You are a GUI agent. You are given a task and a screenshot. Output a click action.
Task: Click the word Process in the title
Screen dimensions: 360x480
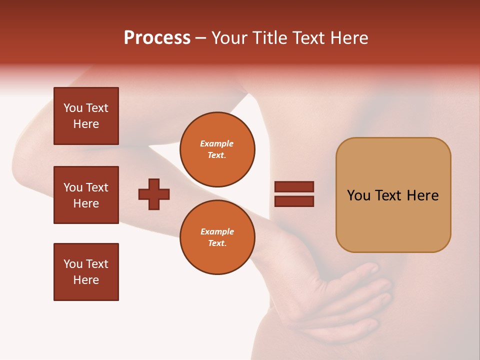[x=157, y=38]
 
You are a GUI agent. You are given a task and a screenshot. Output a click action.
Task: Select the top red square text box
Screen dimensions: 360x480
[x=86, y=116]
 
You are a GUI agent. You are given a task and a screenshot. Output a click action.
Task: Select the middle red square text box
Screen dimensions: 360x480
[x=86, y=195]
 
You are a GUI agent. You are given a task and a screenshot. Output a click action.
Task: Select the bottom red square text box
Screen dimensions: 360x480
[x=86, y=272]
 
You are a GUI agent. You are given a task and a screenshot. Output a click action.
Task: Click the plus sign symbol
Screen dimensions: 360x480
[x=154, y=194]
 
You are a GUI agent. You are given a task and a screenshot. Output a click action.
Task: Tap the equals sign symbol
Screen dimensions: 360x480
[x=294, y=194]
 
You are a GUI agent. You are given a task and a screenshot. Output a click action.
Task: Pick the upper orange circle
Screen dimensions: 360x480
[x=217, y=149]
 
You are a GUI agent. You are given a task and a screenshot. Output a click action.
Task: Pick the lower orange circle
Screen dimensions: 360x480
[x=217, y=237]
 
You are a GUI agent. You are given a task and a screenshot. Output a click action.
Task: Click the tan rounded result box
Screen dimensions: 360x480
[x=393, y=195]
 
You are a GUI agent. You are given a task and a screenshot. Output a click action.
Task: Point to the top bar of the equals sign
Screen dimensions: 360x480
[x=294, y=186]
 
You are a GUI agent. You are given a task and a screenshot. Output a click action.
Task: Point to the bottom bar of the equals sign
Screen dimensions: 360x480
[x=294, y=201]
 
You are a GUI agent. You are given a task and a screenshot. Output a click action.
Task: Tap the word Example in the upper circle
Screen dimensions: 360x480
[x=216, y=143]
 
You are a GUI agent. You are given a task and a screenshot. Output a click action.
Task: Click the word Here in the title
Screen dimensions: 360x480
[x=349, y=38]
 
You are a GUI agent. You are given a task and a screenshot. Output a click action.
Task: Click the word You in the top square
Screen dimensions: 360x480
[x=72, y=108]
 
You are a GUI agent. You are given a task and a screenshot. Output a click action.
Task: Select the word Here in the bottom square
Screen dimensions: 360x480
[x=86, y=280]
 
